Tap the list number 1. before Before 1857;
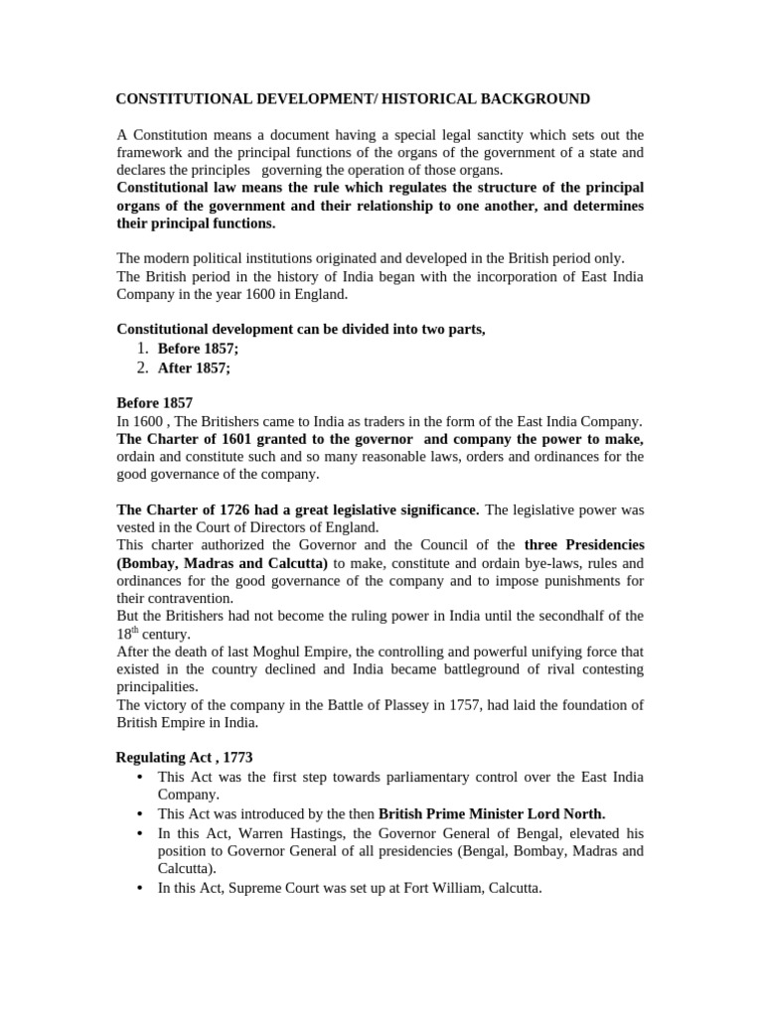142,349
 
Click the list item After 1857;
194,367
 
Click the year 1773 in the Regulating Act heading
218,758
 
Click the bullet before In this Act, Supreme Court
137,888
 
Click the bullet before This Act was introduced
137,812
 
